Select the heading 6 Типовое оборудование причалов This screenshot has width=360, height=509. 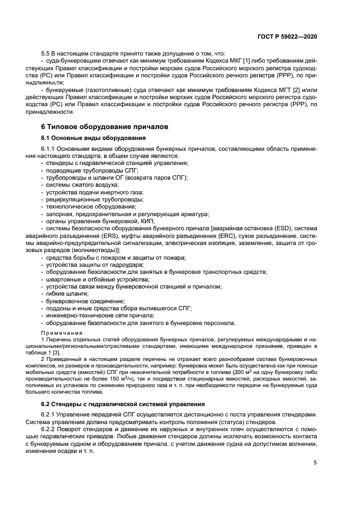click(x=105, y=126)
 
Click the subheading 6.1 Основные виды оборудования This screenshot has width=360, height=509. click(x=91, y=138)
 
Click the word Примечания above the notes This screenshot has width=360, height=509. click(x=62, y=333)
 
